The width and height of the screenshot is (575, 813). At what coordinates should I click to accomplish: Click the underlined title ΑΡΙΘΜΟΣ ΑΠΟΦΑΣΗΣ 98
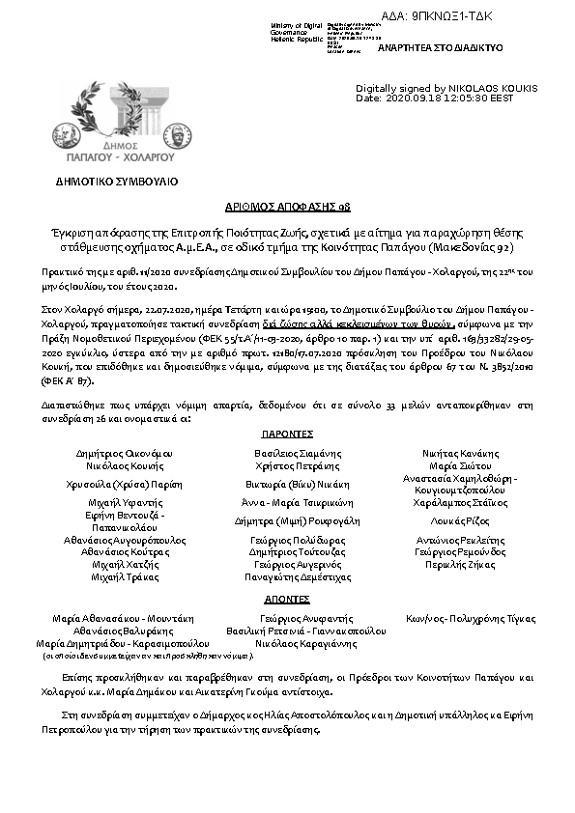coord(287,208)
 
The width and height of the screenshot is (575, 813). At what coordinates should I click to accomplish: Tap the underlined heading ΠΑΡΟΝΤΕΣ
coord(287,435)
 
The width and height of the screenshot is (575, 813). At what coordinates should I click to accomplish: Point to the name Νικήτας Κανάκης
coord(461,452)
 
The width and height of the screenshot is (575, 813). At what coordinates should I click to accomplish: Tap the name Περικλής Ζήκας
coord(460,563)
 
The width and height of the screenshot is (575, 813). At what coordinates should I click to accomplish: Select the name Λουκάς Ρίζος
coord(461,519)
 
